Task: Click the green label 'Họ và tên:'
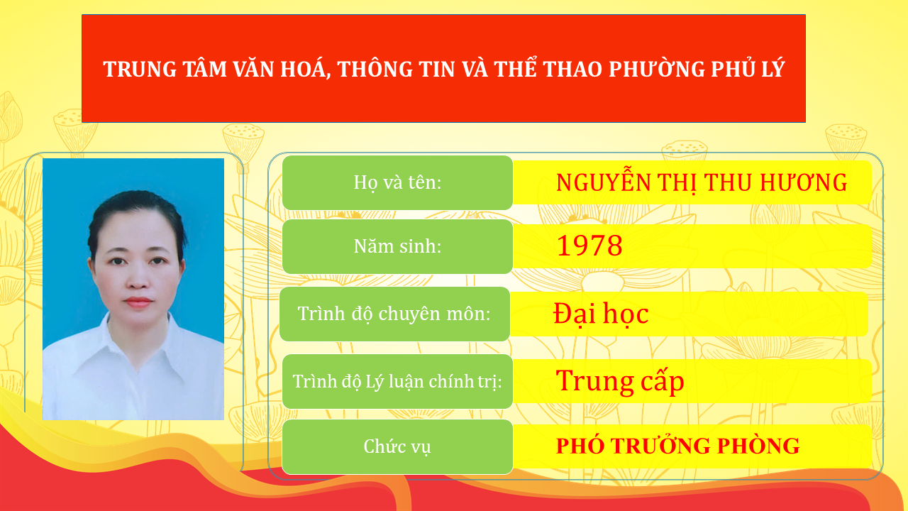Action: point(397,182)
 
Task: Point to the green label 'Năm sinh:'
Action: point(397,246)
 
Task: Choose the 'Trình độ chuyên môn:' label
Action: point(394,314)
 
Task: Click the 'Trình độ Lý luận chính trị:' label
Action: point(397,381)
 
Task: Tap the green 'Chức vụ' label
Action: point(397,446)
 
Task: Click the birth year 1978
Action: point(589,246)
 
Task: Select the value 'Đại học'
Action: point(601,314)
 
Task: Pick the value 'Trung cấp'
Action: point(619,381)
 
